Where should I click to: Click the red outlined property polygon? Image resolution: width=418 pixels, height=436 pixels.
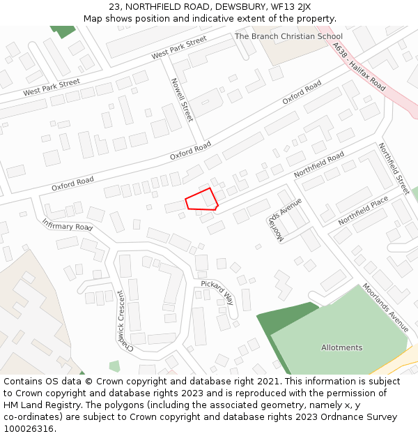201,200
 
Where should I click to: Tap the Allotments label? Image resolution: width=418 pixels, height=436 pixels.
341,347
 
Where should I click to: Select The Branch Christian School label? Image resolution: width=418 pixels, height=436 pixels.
288,36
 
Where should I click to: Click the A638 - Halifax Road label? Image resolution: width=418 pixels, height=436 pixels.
359,67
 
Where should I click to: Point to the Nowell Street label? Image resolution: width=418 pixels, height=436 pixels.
181,100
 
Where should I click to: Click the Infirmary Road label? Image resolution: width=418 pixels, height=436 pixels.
67,225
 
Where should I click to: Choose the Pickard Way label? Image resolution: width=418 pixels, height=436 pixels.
218,293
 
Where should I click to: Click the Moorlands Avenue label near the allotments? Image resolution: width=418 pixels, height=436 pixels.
385,307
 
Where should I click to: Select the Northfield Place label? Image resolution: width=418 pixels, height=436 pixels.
363,211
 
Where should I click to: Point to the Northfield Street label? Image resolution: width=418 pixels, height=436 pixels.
394,169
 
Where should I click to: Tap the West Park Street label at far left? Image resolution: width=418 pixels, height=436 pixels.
52,88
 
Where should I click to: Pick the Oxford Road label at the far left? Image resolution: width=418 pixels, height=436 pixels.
72,183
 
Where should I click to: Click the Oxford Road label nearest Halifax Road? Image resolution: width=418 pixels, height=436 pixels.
302,93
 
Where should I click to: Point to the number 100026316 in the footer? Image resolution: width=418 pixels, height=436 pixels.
29,429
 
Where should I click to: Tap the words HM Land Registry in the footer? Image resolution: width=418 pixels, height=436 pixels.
38,405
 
